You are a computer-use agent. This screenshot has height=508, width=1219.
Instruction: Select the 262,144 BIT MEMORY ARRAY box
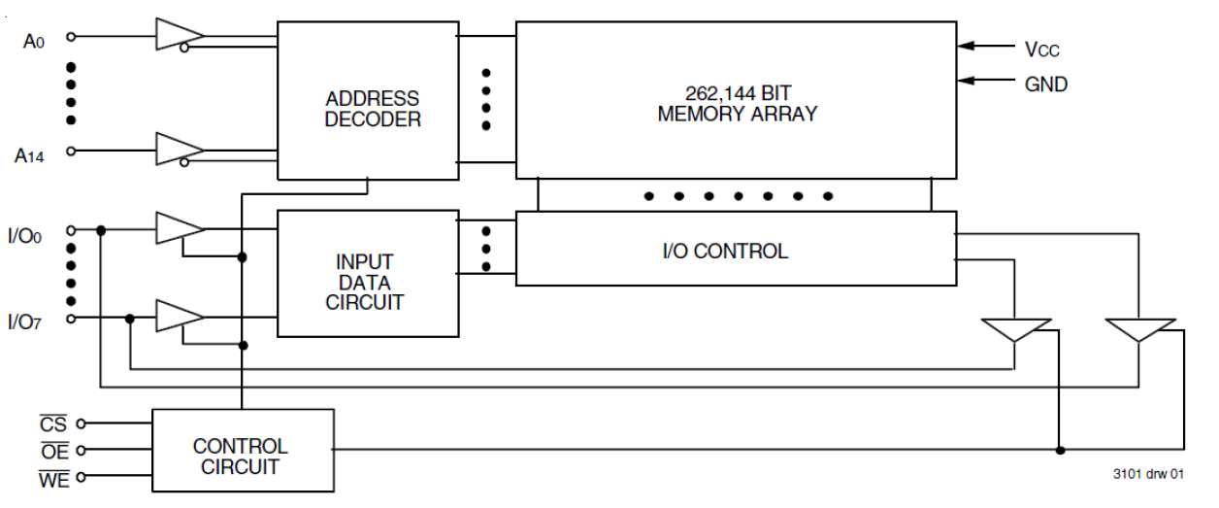coord(737,100)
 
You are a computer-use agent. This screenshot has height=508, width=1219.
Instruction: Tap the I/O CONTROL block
coord(737,251)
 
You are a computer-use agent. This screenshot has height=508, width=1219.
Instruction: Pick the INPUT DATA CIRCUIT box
coord(368,282)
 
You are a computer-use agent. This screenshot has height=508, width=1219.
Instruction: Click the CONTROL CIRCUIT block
coord(241,457)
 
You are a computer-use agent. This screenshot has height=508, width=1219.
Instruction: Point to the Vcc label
coord(1045,48)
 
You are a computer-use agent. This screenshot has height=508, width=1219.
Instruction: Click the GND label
coord(1045,85)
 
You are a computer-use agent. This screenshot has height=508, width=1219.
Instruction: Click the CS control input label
coord(53,424)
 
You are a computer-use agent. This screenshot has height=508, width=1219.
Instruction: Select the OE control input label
coord(53,451)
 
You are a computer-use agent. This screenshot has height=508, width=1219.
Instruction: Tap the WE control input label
coord(54,478)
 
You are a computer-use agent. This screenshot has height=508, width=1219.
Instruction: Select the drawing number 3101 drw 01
coord(1148,475)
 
